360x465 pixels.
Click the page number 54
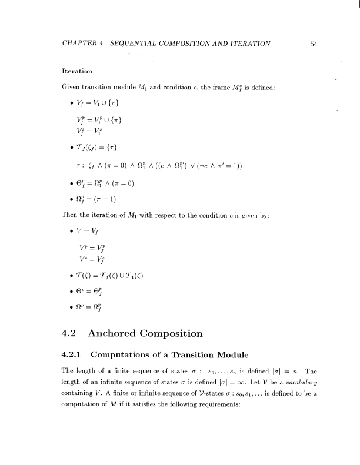point(314,43)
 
